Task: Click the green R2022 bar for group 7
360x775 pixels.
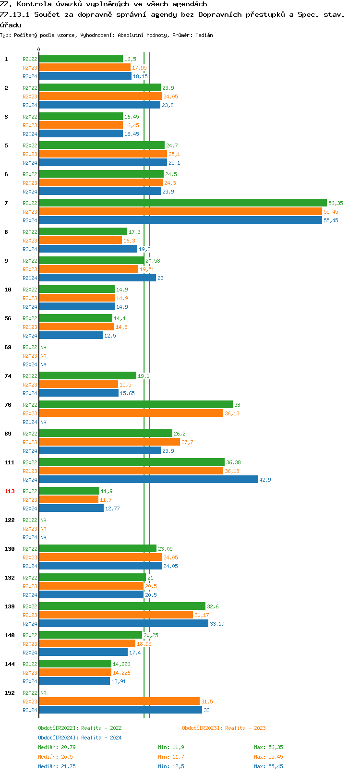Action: pos(182,203)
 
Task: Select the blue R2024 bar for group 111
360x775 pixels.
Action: pos(148,480)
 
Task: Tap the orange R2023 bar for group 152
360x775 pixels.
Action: pos(119,702)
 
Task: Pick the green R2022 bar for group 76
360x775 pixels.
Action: pos(135,405)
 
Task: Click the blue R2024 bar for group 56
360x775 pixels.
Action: pos(71,336)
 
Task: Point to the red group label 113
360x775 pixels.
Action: pos(10,491)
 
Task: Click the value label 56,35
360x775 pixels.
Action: pos(336,203)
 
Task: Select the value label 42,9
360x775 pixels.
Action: pos(265,480)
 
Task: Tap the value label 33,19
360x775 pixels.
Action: pos(217,624)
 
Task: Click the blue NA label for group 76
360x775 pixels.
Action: pos(43,422)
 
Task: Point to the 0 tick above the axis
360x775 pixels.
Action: pos(39,49)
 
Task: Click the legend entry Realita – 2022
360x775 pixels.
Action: pos(80,728)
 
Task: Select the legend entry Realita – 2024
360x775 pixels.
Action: pos(80,738)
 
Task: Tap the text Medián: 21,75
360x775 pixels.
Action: pos(57,766)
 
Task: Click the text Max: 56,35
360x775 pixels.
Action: pos(268,747)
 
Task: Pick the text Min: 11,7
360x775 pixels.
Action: pos(171,757)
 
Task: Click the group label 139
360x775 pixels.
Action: pos(10,606)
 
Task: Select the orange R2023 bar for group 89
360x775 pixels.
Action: pos(109,442)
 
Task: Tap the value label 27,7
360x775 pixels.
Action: pos(187,442)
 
